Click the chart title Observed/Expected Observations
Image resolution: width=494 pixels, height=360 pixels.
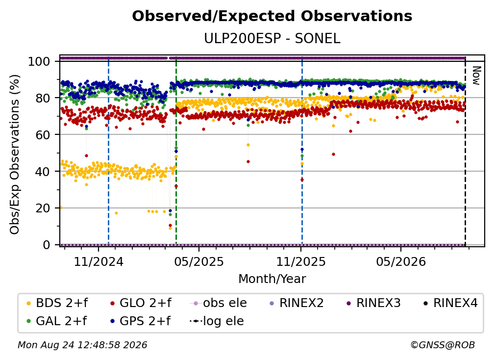[x=272, y=16]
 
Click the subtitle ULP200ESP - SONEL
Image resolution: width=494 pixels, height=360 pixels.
[x=272, y=39]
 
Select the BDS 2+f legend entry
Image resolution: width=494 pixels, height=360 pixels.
[x=57, y=303]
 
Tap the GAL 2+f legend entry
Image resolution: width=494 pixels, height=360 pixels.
[x=57, y=321]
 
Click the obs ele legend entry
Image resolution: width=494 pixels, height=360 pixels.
[x=219, y=303]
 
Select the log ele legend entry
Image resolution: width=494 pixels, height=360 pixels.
[x=217, y=321]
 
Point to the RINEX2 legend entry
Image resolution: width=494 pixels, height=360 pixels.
[x=296, y=303]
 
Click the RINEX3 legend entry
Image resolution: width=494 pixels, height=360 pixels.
[x=373, y=303]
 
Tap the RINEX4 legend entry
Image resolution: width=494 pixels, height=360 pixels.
[x=450, y=303]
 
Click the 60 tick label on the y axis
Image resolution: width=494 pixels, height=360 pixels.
[x=43, y=134]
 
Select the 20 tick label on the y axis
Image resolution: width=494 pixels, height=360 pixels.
[x=43, y=208]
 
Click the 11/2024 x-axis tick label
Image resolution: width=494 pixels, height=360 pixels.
[x=99, y=261]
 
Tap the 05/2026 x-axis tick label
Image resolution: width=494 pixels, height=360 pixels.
[x=401, y=261]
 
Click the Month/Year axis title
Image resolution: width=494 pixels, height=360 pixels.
[x=272, y=279]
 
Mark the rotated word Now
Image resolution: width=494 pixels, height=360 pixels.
[x=476, y=76]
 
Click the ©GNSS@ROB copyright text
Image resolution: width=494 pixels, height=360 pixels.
[x=443, y=345]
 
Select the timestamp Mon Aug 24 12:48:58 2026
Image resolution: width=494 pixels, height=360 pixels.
[x=82, y=345]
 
